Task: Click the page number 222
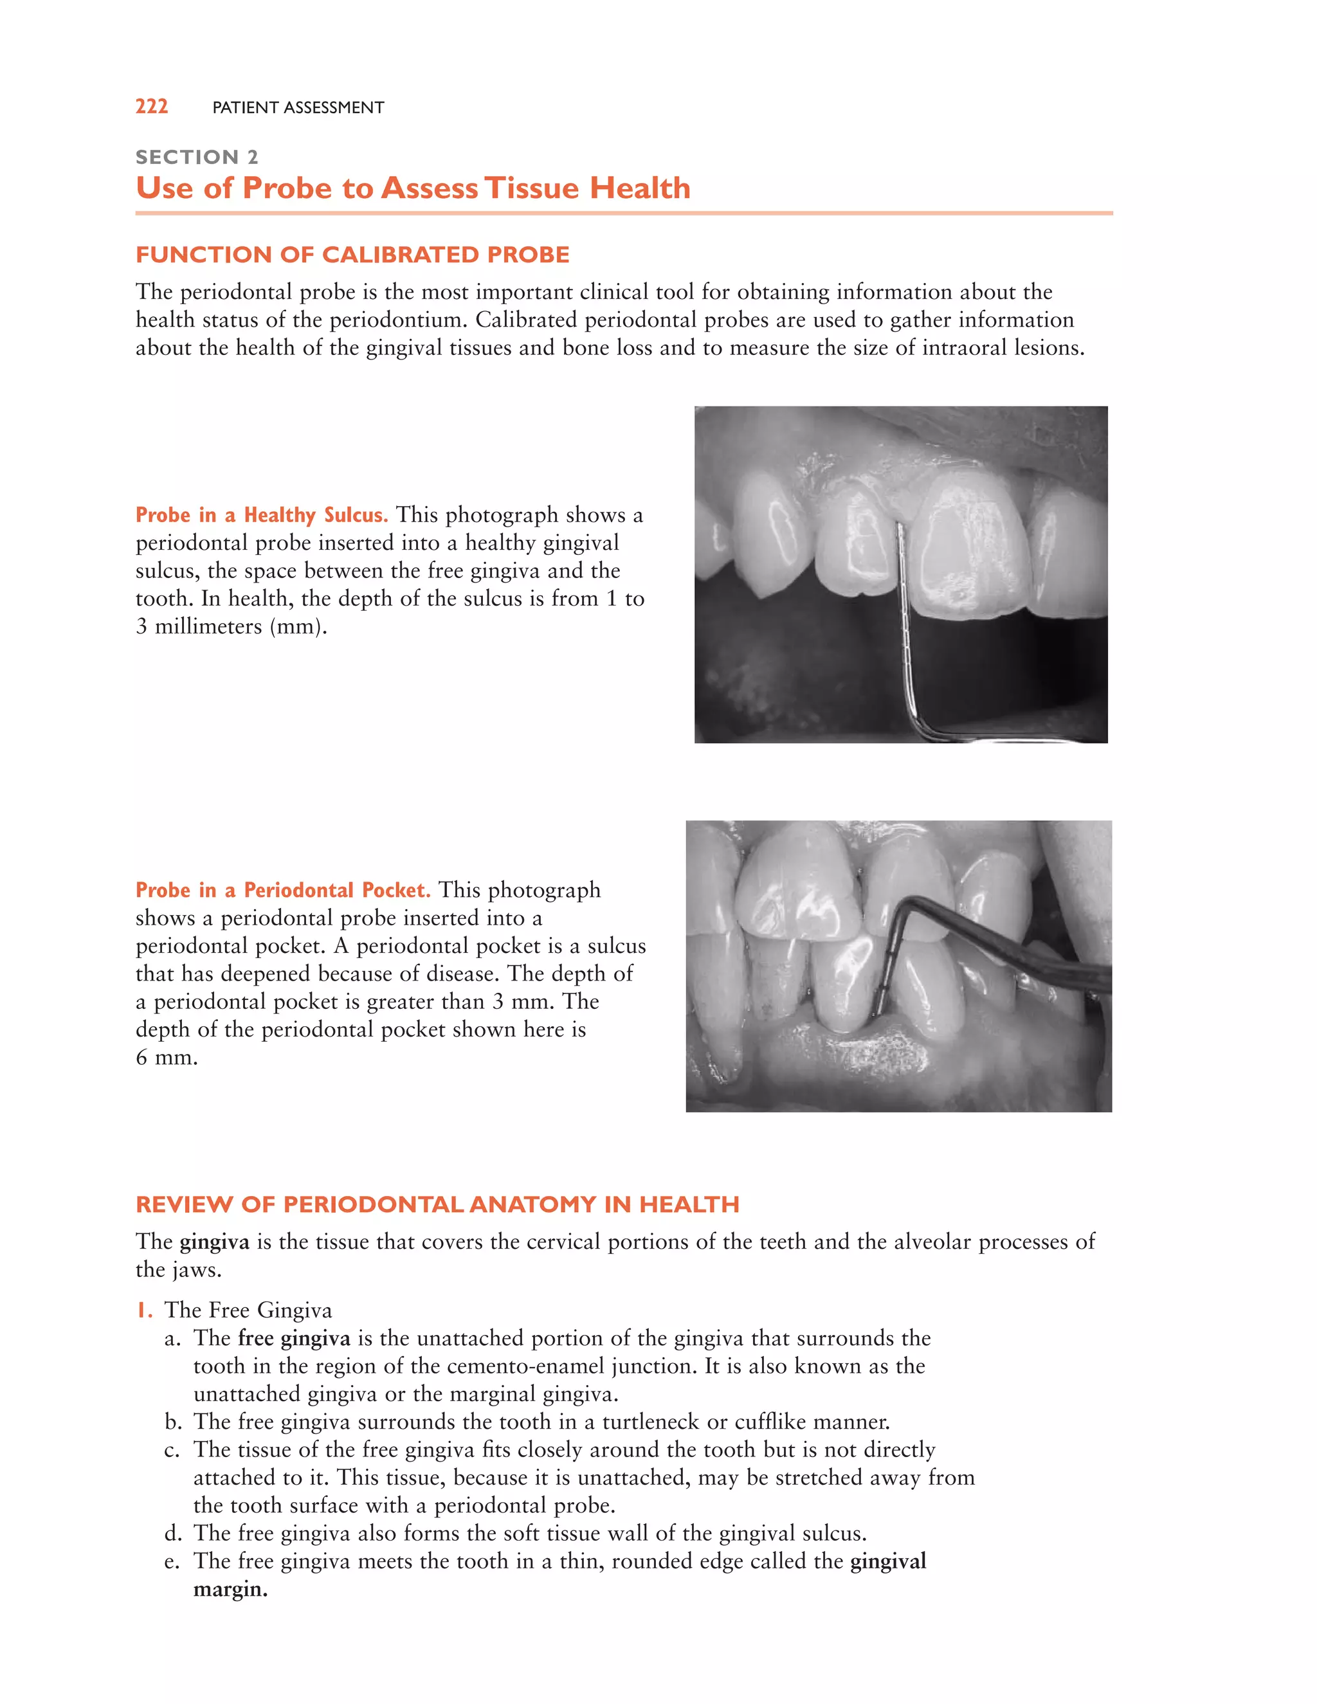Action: click(151, 106)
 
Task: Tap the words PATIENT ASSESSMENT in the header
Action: click(298, 107)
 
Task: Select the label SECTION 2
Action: click(197, 157)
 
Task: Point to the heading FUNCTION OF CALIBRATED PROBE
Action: click(352, 255)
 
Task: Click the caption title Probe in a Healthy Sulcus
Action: click(261, 515)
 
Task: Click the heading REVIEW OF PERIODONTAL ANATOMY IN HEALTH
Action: click(437, 1204)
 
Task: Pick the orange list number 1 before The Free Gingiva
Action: click(143, 1310)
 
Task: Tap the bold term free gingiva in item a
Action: click(294, 1338)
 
